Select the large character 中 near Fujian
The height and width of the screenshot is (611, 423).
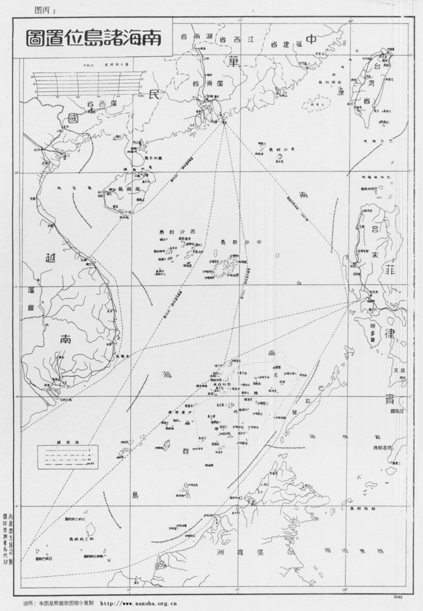(x=312, y=40)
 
